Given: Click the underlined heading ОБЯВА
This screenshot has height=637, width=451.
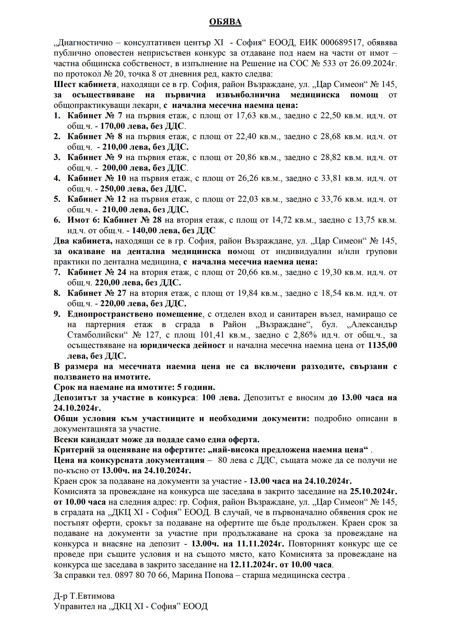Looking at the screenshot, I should [225, 22].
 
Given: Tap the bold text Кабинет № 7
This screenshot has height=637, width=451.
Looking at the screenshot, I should [95, 116].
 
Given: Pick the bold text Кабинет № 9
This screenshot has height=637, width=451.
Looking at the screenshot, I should [95, 157].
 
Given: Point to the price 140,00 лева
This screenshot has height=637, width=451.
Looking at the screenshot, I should [156, 231].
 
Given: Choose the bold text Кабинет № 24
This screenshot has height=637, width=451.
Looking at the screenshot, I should [97, 272].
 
